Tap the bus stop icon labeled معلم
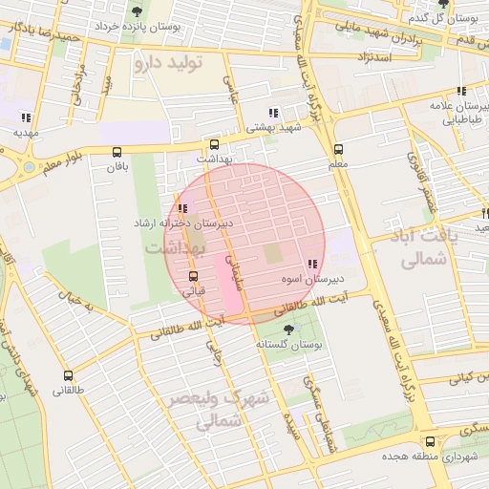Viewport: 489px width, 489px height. pyautogui.click(x=338, y=150)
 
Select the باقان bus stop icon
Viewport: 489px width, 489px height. pyautogui.click(x=117, y=152)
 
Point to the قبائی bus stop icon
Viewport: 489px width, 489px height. pyautogui.click(x=194, y=276)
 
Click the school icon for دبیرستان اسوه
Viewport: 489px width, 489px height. pyautogui.click(x=312, y=264)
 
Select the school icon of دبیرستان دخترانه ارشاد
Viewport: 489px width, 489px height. pyautogui.click(x=181, y=209)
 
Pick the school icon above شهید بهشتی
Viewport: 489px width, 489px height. pyautogui.click(x=275, y=113)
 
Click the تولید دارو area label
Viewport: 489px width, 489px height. pyautogui.click(x=169, y=64)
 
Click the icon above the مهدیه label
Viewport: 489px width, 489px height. pyautogui.click(x=24, y=118)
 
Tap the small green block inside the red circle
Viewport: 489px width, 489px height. pyautogui.click(x=273, y=254)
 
